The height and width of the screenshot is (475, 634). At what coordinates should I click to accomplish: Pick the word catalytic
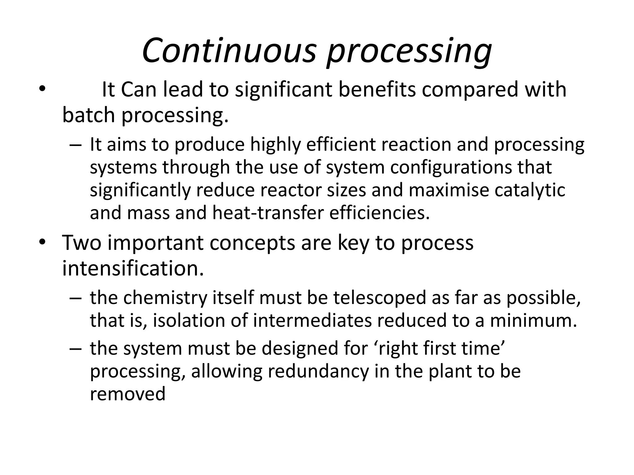coord(530,190)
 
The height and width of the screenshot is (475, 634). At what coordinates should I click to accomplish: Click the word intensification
coord(133,268)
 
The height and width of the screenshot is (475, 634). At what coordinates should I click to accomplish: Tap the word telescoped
coord(376,298)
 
